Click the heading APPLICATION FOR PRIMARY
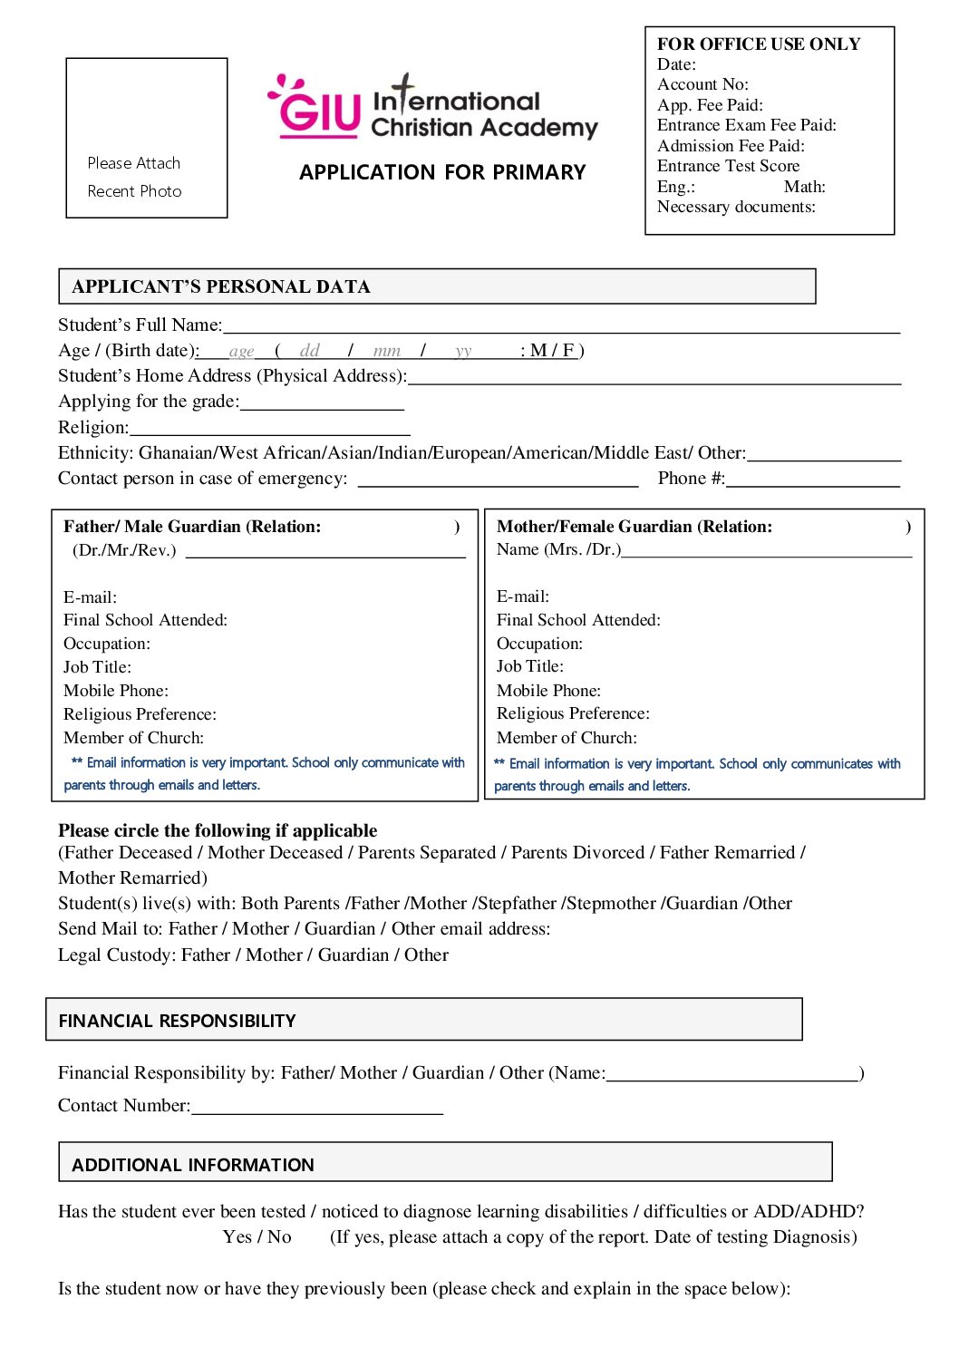(442, 172)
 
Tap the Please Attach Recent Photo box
(147, 138)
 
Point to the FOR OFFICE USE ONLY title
(759, 44)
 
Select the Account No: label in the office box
(702, 84)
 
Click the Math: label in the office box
(804, 187)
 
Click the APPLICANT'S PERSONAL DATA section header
(221, 286)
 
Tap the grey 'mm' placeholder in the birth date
(386, 352)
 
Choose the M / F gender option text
(552, 351)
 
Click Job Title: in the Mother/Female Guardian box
(529, 666)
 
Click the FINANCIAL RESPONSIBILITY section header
(178, 1021)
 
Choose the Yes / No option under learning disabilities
(257, 1237)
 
